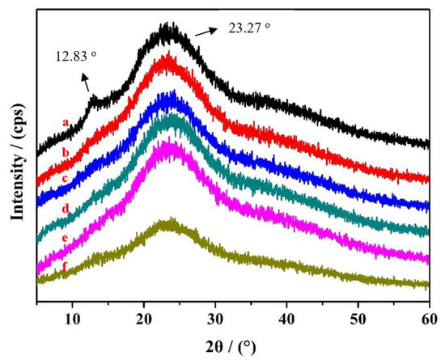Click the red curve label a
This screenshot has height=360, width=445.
click(x=64, y=123)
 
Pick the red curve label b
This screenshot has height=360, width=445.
click(x=64, y=151)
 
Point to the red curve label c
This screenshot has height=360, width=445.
click(x=64, y=178)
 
